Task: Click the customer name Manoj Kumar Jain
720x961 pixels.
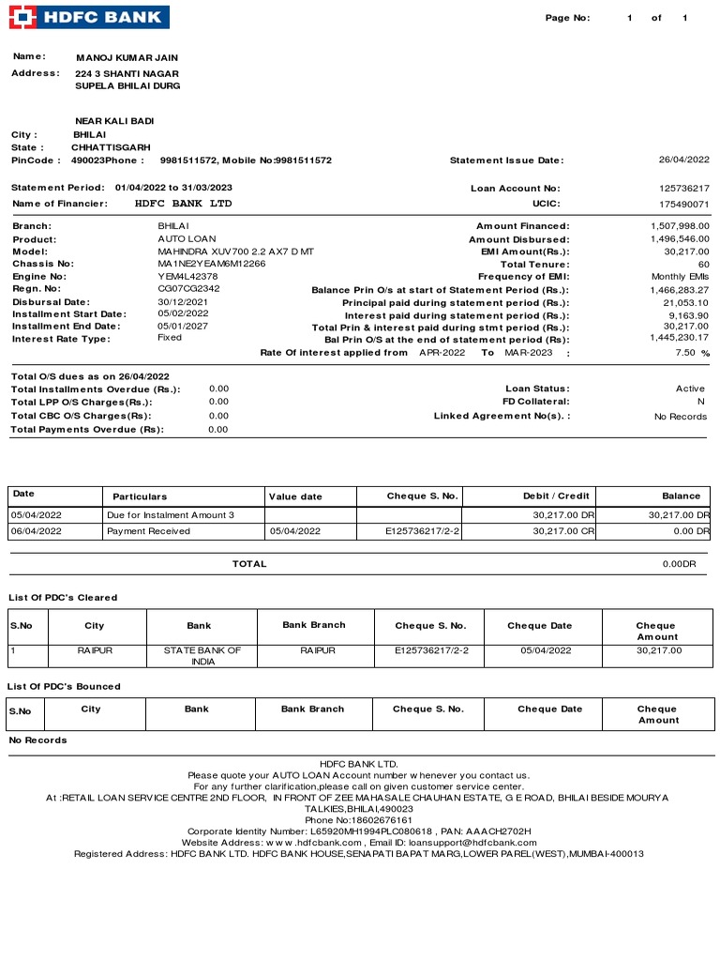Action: [x=127, y=58]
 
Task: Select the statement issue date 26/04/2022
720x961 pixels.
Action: [x=683, y=160]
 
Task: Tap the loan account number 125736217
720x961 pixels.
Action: [x=684, y=189]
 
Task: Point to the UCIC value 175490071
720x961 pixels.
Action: [x=684, y=204]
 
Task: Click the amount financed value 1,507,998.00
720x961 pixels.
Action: [x=680, y=226]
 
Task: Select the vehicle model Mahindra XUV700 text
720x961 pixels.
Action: [x=235, y=252]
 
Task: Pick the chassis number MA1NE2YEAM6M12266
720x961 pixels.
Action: [x=211, y=264]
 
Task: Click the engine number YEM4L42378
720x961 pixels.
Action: [x=187, y=277]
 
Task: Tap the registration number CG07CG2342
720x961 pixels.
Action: [x=188, y=289]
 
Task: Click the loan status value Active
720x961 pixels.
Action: [x=690, y=389]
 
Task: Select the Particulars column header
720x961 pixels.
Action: [x=140, y=496]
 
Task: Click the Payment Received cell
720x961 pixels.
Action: [x=148, y=531]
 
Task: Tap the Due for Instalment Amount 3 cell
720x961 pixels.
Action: [x=171, y=515]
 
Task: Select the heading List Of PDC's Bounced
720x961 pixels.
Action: [x=64, y=686]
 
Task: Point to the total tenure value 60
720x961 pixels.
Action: [x=703, y=265]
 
